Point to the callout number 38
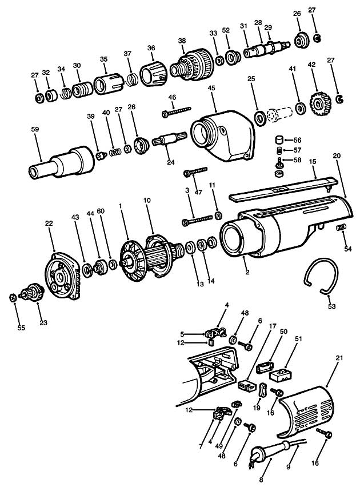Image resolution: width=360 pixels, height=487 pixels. [x=182, y=41]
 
